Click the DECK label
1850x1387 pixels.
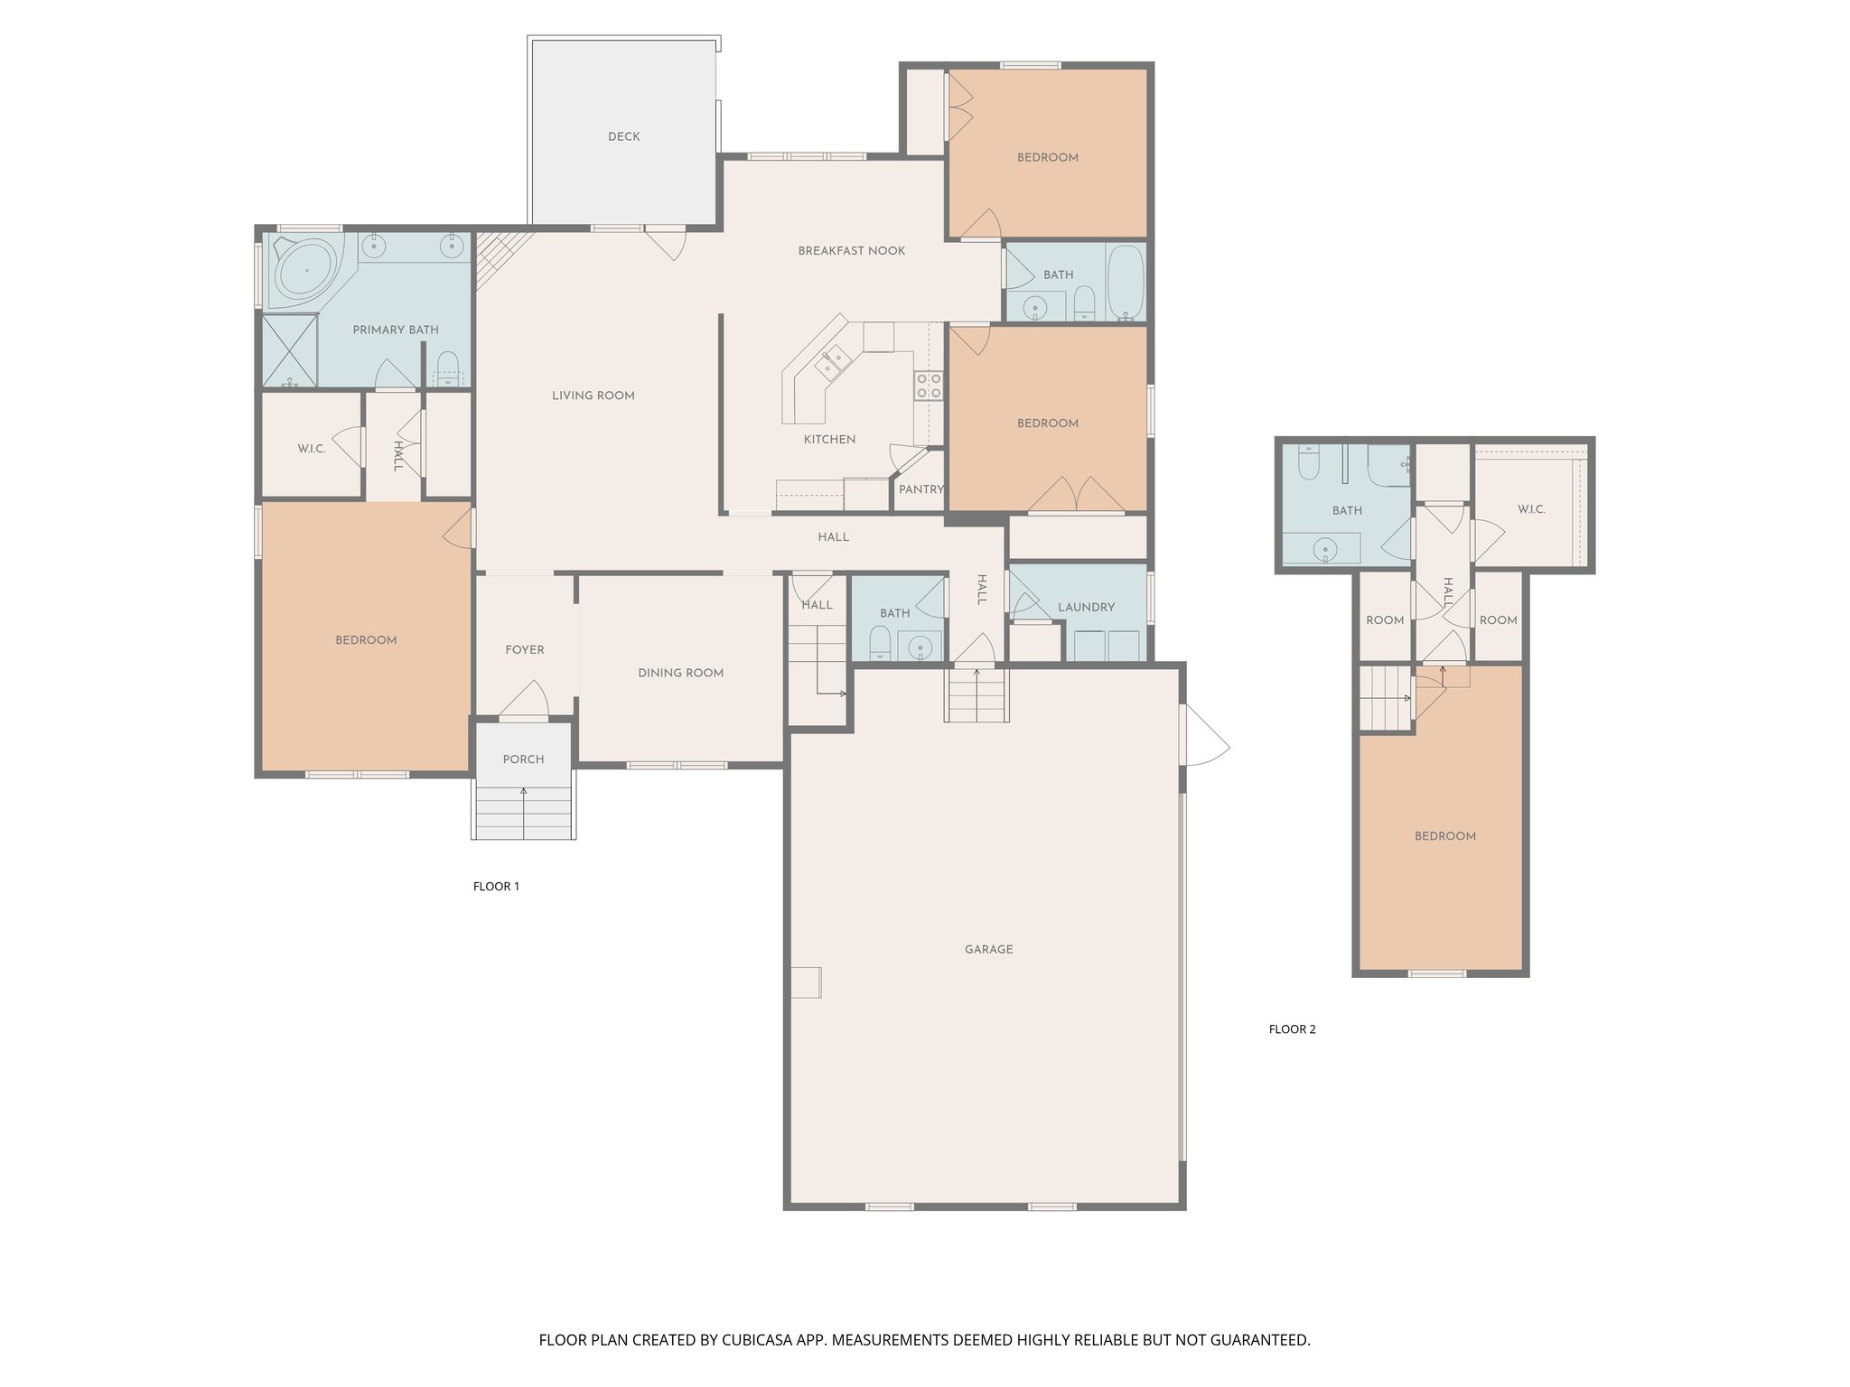(623, 137)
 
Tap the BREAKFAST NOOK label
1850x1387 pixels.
(851, 251)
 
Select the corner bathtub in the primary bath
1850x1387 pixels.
(305, 269)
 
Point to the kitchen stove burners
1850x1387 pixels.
(930, 386)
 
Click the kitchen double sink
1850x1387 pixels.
(832, 363)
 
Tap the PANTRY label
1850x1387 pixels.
(920, 489)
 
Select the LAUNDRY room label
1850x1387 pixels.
(1086, 608)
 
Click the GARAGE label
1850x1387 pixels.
(988, 950)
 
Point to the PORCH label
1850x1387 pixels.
(523, 759)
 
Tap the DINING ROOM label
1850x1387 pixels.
(680, 673)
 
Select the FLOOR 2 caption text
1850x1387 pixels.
(1292, 1029)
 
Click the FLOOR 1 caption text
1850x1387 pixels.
(496, 887)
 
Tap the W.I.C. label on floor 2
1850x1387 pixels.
(1531, 509)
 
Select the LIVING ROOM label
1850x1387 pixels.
(593, 396)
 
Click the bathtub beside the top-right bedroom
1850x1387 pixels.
(1126, 283)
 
